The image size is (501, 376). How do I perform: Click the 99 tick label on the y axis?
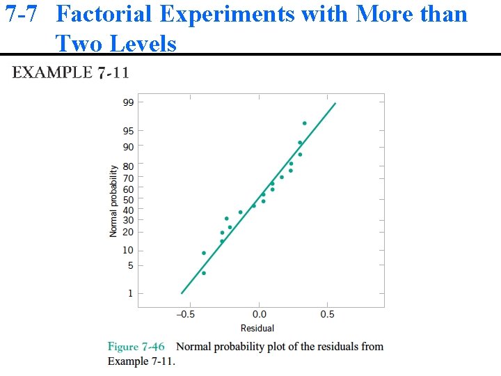(x=129, y=102)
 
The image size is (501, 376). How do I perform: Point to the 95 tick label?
(x=129, y=131)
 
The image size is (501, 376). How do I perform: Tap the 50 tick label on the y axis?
(x=129, y=200)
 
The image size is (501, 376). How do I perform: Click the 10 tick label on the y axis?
(x=129, y=251)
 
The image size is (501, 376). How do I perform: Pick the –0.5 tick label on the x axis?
(x=184, y=315)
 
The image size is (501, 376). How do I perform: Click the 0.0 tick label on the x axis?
(x=258, y=315)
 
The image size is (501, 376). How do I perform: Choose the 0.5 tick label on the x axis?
(x=327, y=315)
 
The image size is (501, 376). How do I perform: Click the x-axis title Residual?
(x=257, y=328)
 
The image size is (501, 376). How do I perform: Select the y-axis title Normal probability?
(x=114, y=201)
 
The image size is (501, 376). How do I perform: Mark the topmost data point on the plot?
(x=304, y=123)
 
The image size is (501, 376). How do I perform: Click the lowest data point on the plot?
(x=204, y=273)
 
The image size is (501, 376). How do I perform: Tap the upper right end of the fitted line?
(x=335, y=104)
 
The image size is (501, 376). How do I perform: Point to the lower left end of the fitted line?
(x=182, y=293)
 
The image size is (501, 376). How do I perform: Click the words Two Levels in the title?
(x=116, y=44)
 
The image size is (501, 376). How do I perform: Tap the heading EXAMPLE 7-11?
(x=70, y=72)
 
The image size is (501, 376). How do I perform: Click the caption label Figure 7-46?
(x=136, y=347)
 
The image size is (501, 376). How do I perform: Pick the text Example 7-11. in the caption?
(x=141, y=361)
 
